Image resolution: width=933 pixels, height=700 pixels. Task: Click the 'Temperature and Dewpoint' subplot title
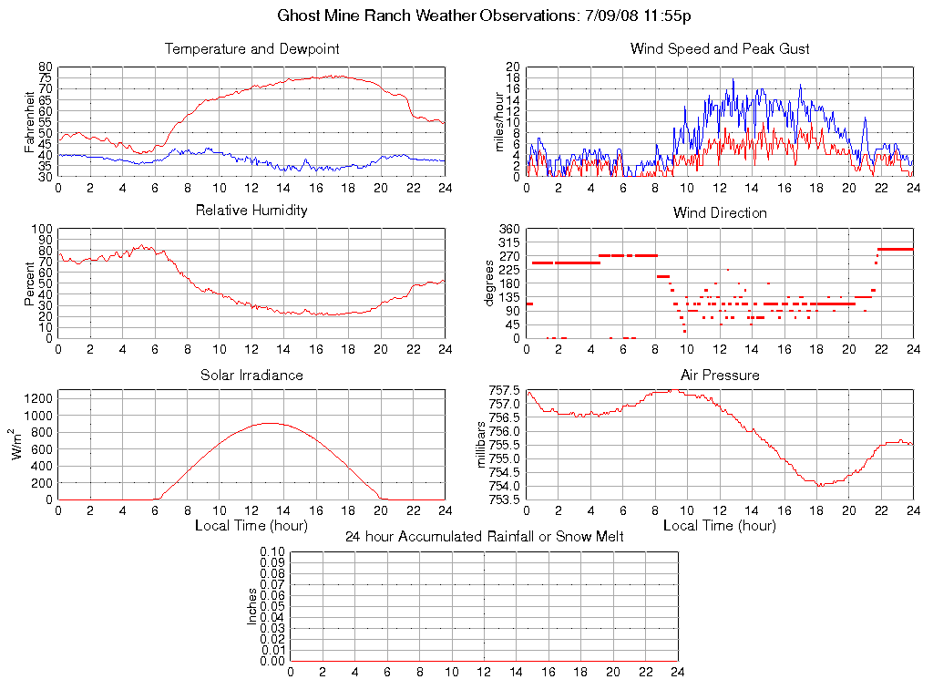click(x=251, y=48)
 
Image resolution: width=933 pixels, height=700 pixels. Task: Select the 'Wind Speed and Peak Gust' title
click(x=720, y=48)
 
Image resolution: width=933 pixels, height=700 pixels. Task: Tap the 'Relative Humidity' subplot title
click(x=251, y=211)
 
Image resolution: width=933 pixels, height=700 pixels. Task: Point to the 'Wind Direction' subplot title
click(x=720, y=212)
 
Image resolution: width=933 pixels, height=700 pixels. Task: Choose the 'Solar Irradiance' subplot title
click(x=251, y=375)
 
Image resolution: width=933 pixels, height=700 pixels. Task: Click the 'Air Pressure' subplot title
click(x=720, y=375)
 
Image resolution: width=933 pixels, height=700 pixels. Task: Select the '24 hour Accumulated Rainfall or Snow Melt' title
click(x=484, y=537)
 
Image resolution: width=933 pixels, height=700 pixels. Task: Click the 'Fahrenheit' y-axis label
click(x=30, y=122)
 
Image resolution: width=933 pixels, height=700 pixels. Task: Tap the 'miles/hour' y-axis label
click(x=498, y=122)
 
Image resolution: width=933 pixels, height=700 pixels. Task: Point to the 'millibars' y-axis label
click(x=484, y=445)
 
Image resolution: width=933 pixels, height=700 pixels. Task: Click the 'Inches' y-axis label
click(x=252, y=606)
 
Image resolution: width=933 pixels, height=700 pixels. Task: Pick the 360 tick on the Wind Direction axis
click(x=508, y=229)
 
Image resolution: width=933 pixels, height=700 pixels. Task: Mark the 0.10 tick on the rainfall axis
click(x=272, y=551)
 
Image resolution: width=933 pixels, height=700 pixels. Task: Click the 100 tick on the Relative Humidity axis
click(x=44, y=229)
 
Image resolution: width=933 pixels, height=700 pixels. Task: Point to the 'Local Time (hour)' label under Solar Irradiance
click(x=251, y=526)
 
